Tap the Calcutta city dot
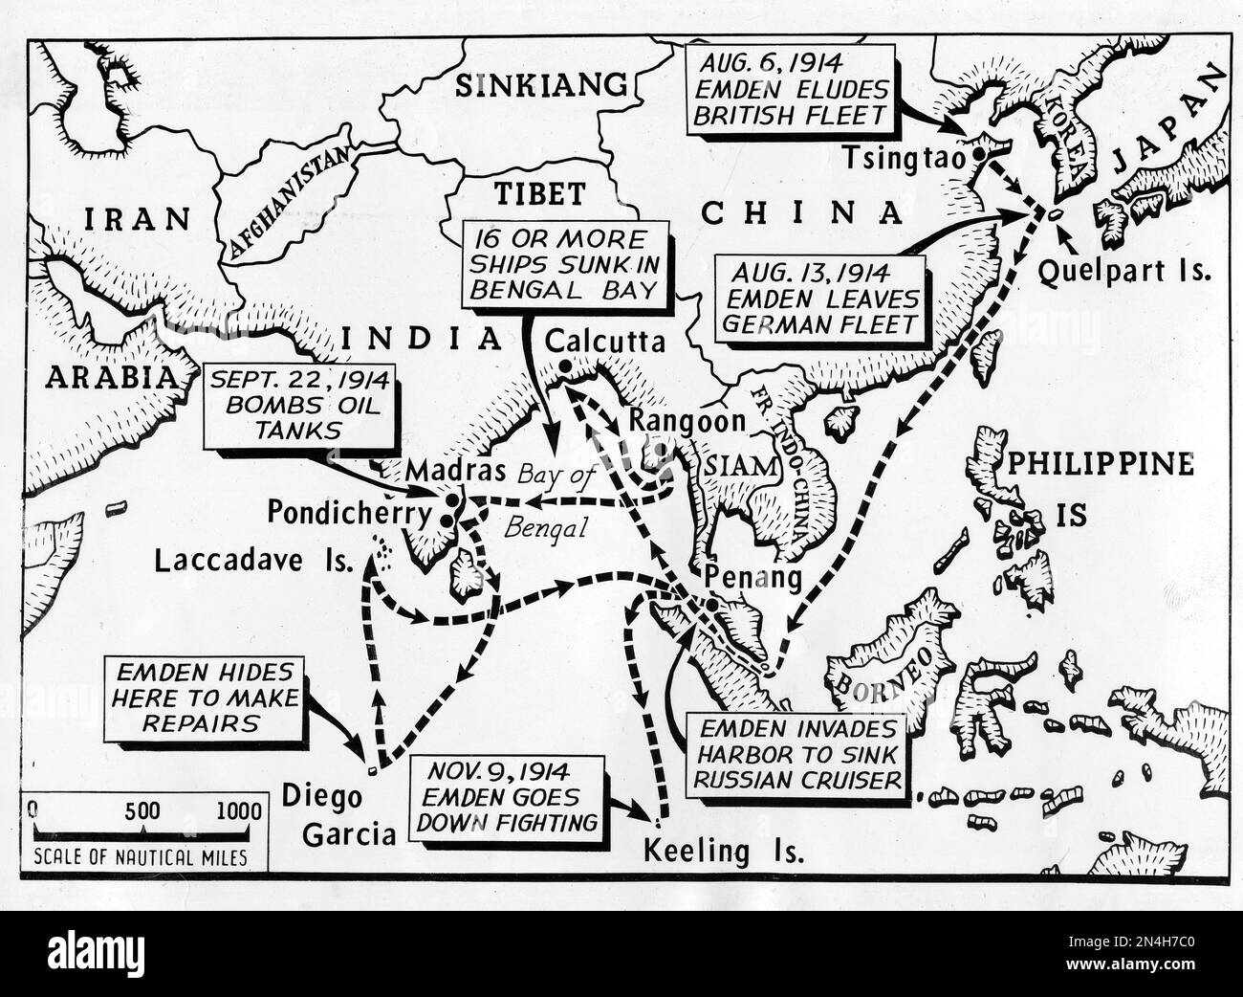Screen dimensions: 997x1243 point(565,366)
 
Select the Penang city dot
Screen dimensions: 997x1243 point(712,606)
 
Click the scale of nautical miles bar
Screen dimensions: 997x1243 point(143,832)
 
